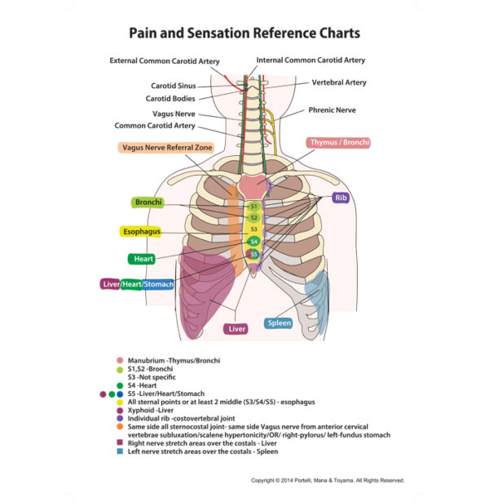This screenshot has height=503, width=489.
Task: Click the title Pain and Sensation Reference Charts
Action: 244,34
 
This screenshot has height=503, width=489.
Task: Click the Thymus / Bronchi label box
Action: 339,143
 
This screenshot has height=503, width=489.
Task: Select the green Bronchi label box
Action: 148,202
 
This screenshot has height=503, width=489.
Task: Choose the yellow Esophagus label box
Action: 141,232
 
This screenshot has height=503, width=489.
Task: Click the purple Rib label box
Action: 340,198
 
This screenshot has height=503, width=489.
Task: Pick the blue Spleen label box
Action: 279,323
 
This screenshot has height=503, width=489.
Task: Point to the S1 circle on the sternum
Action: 253,207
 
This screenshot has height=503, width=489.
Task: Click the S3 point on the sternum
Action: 253,229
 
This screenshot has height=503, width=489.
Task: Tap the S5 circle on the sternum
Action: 253,254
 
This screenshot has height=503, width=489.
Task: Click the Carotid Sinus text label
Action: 173,85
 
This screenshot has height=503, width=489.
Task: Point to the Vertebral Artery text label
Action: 338,82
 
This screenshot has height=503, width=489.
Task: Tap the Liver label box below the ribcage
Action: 236,329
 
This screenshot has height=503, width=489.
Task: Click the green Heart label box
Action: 141,259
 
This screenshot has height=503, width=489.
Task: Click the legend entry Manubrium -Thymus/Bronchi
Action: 174,360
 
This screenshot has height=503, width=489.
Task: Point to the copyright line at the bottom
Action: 327,480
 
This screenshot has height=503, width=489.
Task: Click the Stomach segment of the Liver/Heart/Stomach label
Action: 158,284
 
